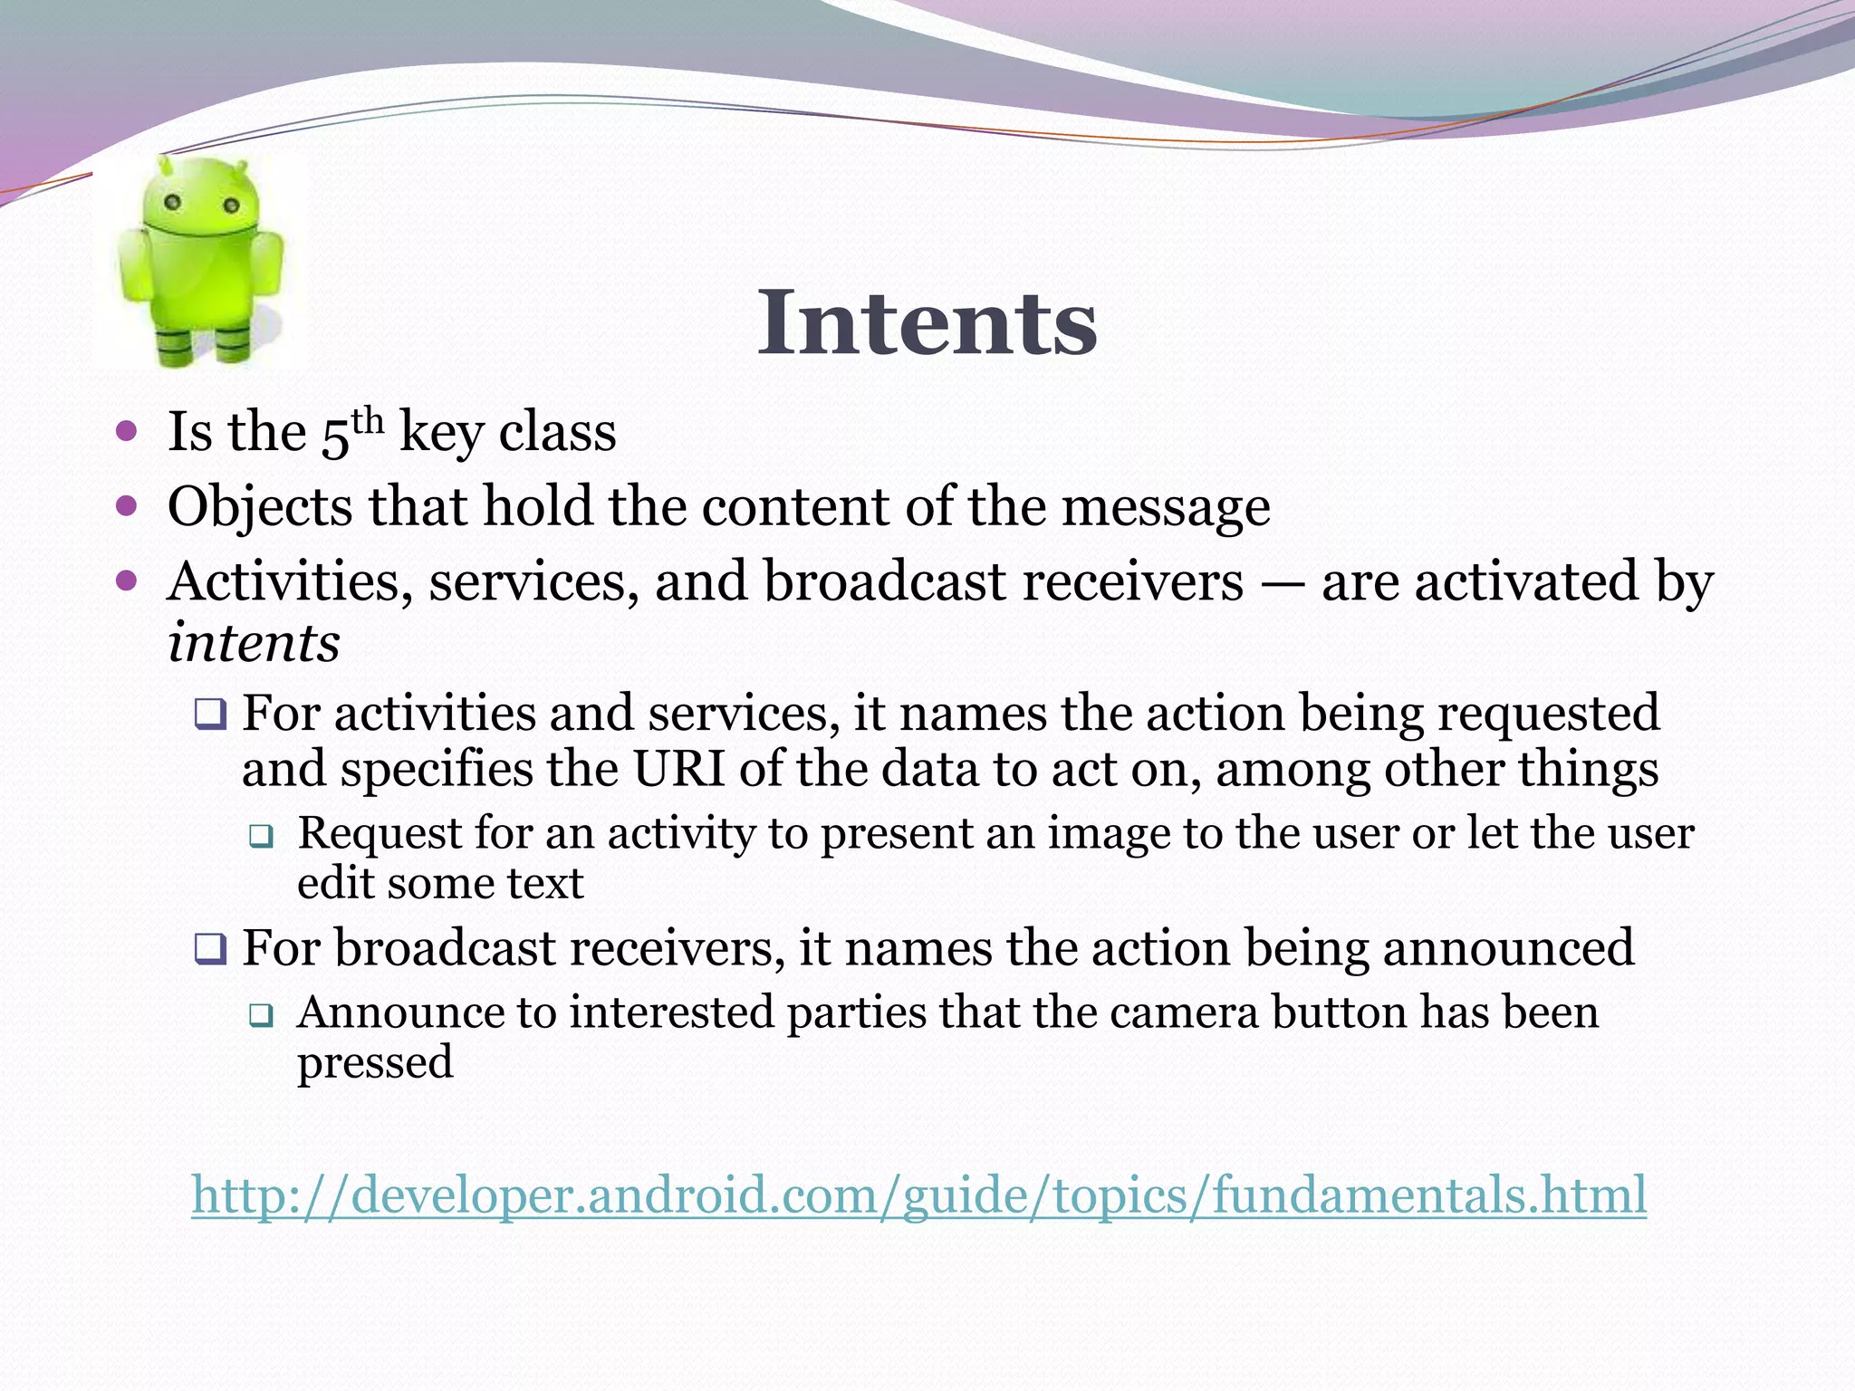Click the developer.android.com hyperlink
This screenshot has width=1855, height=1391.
918,1194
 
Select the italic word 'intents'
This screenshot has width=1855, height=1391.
254,643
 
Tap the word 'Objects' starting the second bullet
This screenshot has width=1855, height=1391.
260,506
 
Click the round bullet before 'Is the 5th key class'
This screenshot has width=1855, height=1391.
127,430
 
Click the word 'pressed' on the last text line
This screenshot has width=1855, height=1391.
375,1063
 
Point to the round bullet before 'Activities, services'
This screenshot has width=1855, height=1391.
127,580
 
